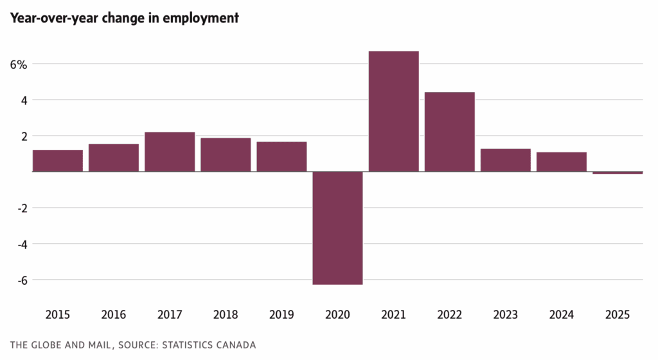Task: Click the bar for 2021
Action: point(393,111)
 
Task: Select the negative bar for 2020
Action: point(337,228)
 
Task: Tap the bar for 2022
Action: point(449,132)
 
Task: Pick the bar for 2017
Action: point(170,152)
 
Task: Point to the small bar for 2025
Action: point(618,173)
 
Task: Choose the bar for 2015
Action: point(58,161)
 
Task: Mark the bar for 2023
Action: point(505,160)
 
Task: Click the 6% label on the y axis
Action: point(18,64)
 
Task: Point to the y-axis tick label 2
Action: point(23,136)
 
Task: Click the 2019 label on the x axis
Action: point(281,315)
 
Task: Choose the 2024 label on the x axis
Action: point(561,315)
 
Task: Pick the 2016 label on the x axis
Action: point(114,315)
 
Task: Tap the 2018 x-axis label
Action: point(226,315)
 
